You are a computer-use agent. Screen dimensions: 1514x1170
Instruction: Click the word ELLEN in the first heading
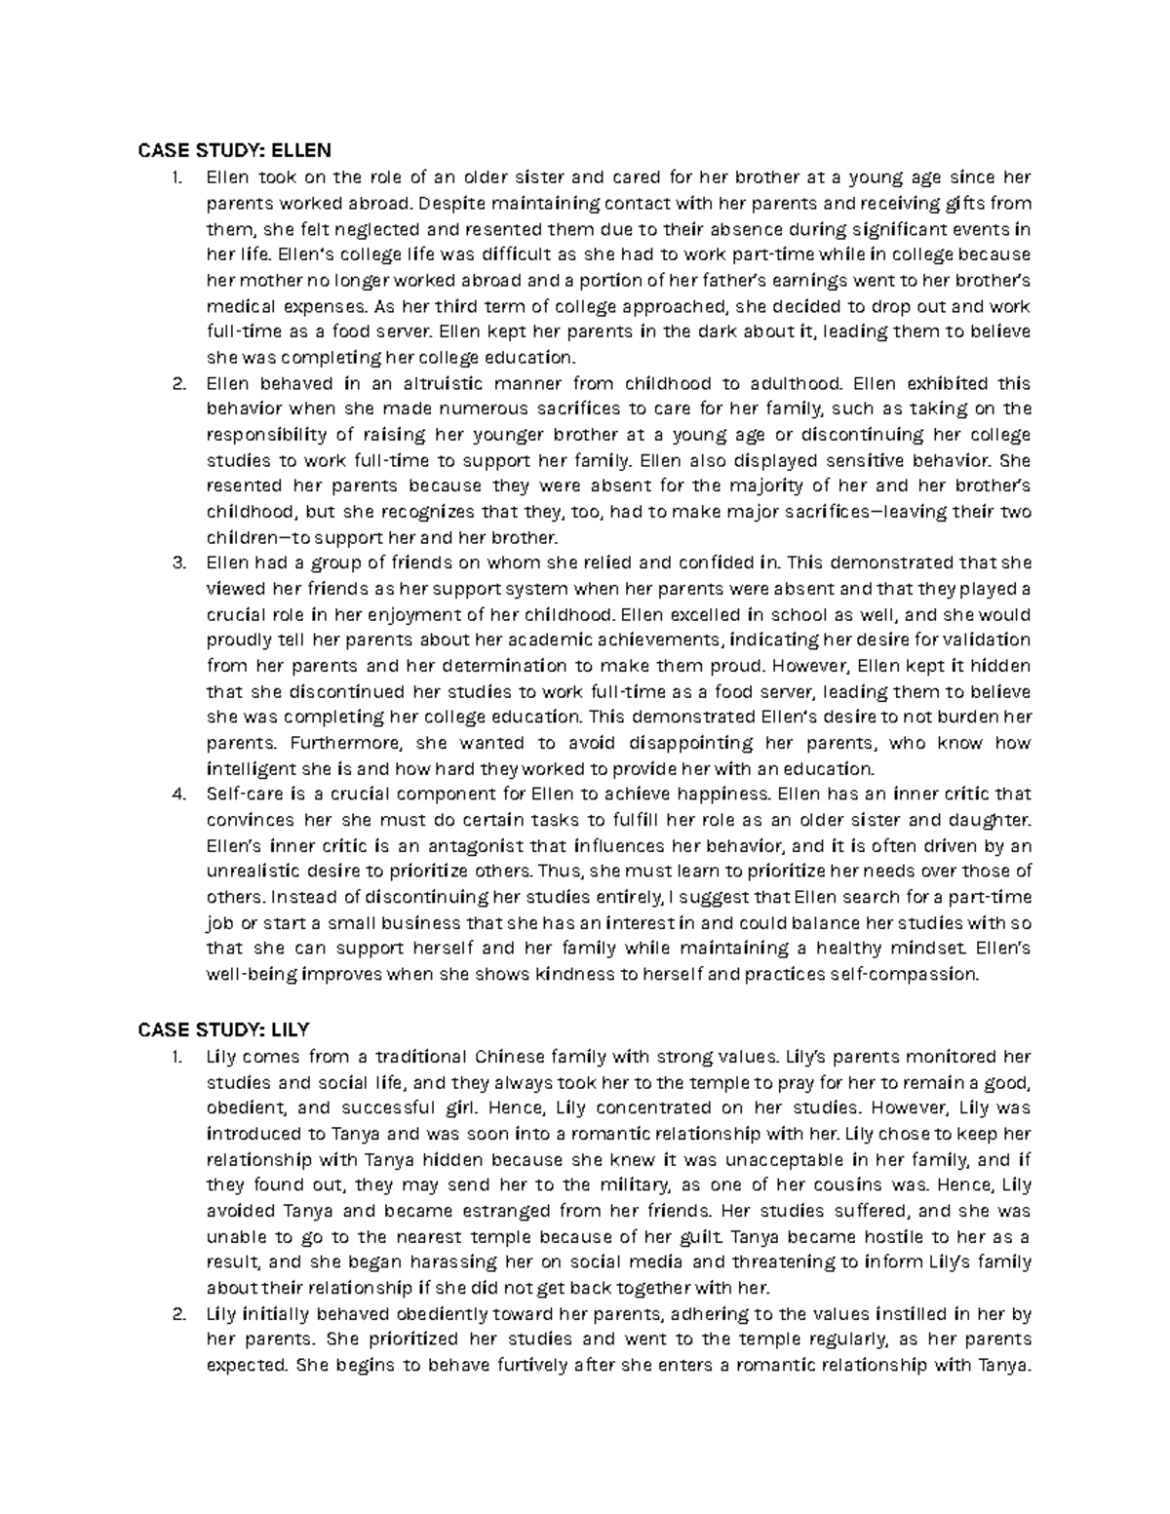tap(301, 150)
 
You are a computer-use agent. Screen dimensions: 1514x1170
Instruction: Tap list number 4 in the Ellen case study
tap(178, 794)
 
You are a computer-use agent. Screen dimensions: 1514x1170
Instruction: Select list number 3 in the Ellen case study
tap(178, 563)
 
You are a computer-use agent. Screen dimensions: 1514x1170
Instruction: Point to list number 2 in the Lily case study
tap(178, 1314)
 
